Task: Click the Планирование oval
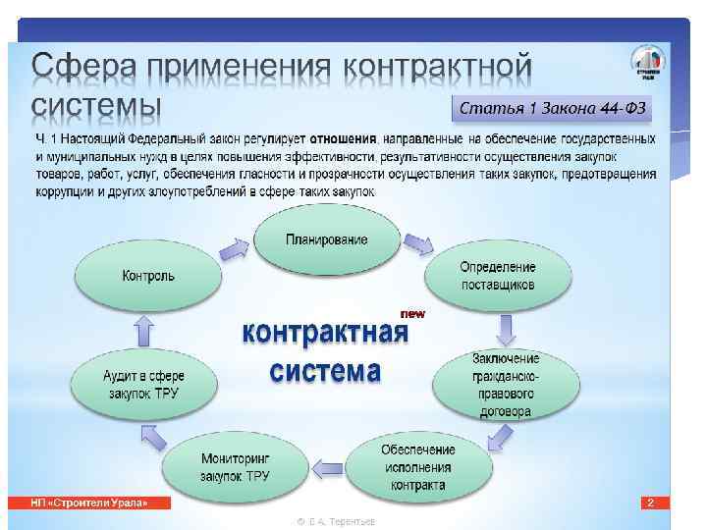327,240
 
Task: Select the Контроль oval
148,276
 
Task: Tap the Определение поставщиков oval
498,276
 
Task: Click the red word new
412,313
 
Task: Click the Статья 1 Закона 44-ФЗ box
555,106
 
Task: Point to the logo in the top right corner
647,67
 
